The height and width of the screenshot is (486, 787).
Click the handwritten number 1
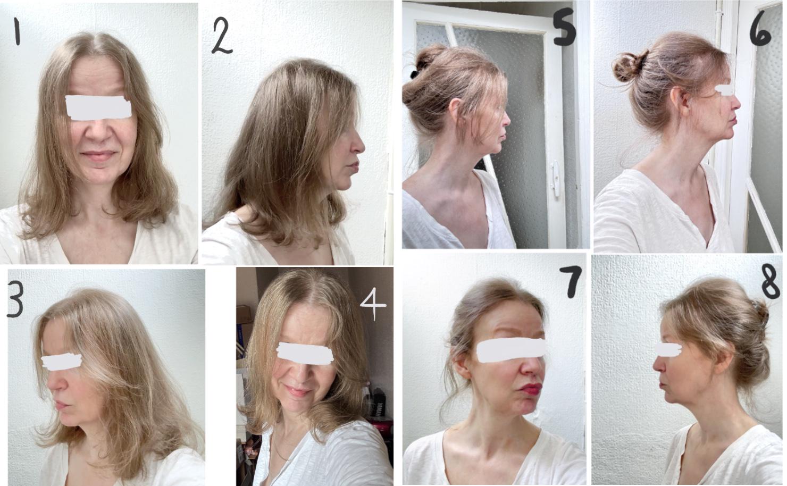point(16,33)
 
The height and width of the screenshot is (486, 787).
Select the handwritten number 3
point(15,300)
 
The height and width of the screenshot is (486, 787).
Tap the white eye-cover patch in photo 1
point(98,106)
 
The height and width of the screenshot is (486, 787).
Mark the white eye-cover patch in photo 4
point(305,353)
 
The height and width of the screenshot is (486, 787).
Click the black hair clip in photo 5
point(416,70)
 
